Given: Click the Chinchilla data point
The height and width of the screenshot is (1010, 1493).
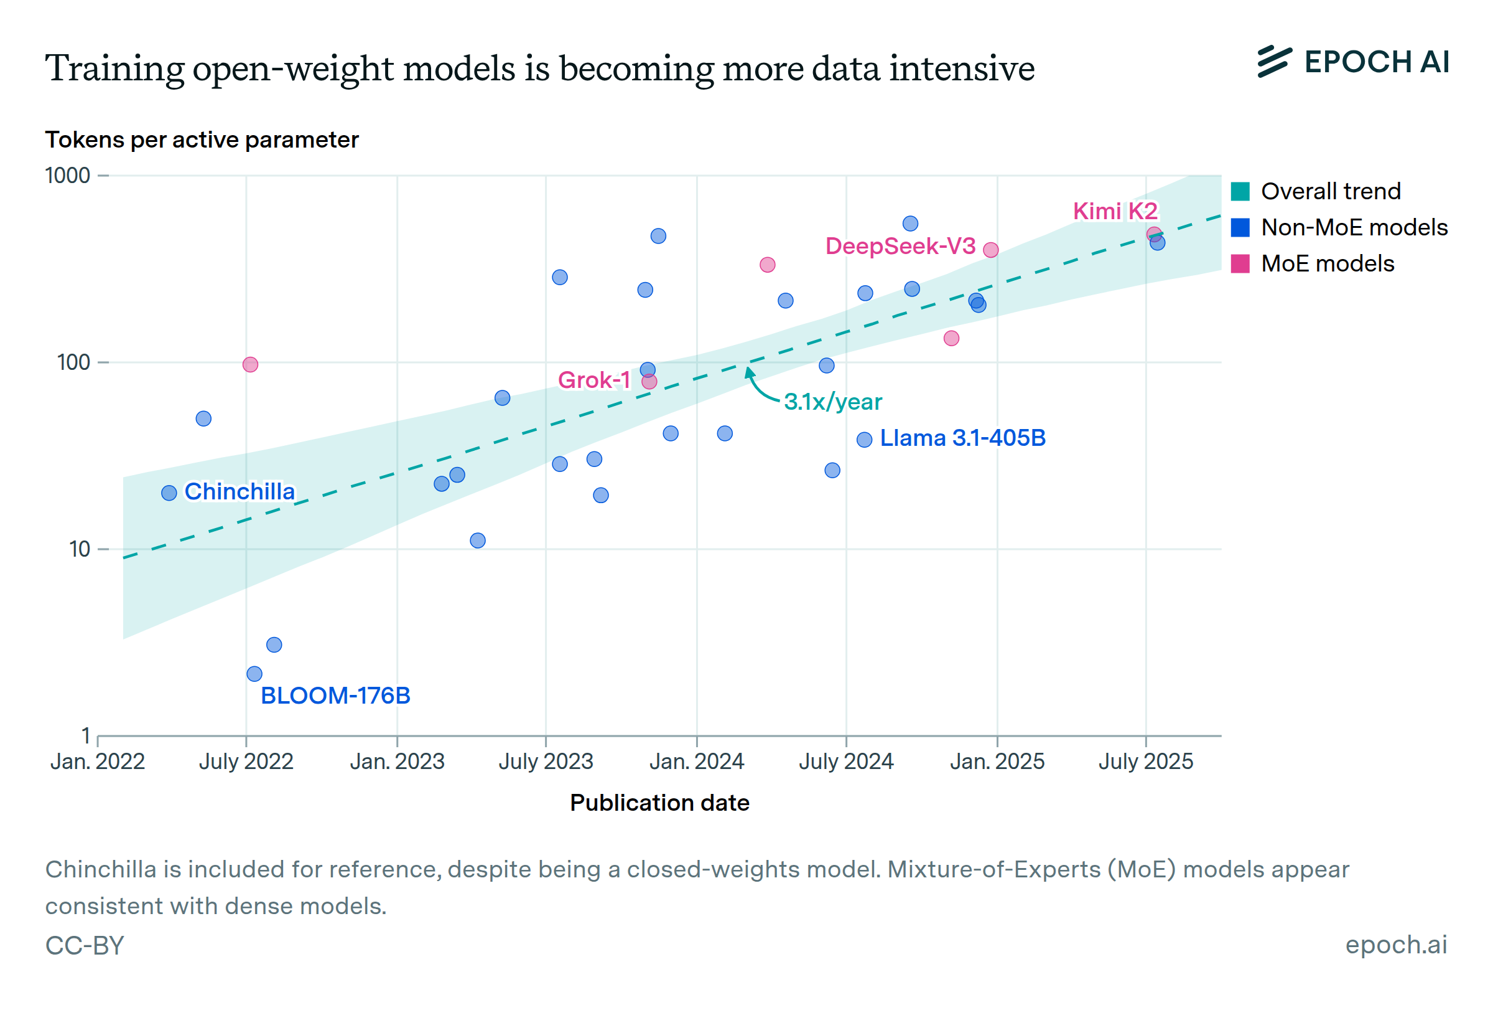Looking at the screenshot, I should pyautogui.click(x=169, y=493).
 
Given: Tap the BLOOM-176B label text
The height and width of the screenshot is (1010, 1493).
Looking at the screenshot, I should pyautogui.click(x=335, y=696).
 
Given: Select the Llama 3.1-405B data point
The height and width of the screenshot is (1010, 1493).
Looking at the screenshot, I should pyautogui.click(x=865, y=440).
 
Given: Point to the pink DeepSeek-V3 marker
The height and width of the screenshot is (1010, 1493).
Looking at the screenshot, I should pyautogui.click(x=991, y=250).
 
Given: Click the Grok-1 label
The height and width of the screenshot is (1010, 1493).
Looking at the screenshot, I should pyautogui.click(x=594, y=380).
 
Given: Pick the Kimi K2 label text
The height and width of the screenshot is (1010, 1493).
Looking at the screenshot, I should pyautogui.click(x=1115, y=212).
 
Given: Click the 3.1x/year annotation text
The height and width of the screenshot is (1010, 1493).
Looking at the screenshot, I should pyautogui.click(x=833, y=402).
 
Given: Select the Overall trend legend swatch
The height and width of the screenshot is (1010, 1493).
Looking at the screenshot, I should pyautogui.click(x=1240, y=192).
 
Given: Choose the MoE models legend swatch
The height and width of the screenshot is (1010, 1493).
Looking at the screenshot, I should pyautogui.click(x=1240, y=263).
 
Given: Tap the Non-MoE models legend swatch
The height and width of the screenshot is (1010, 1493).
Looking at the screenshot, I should pyautogui.click(x=1240, y=227).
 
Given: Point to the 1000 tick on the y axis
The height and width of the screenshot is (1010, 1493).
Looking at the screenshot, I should pyautogui.click(x=67, y=176).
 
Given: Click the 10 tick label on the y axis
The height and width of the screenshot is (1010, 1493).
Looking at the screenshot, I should pyautogui.click(x=80, y=549).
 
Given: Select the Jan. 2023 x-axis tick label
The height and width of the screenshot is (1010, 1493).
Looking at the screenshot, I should pyautogui.click(x=397, y=762).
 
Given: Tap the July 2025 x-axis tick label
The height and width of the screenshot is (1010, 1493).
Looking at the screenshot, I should pyautogui.click(x=1145, y=762).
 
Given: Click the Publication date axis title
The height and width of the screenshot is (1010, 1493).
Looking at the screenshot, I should pyautogui.click(x=660, y=803).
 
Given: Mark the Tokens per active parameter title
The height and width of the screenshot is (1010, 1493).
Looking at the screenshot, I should pyautogui.click(x=202, y=140).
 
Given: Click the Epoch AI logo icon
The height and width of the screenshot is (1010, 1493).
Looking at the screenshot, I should pyautogui.click(x=1275, y=62).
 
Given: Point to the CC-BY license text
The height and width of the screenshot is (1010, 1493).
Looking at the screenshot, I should pyautogui.click(x=85, y=946).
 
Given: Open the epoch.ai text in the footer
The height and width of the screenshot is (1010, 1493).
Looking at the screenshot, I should pyautogui.click(x=1396, y=945).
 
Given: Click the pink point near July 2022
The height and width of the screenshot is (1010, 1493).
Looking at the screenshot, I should pyautogui.click(x=251, y=365).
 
